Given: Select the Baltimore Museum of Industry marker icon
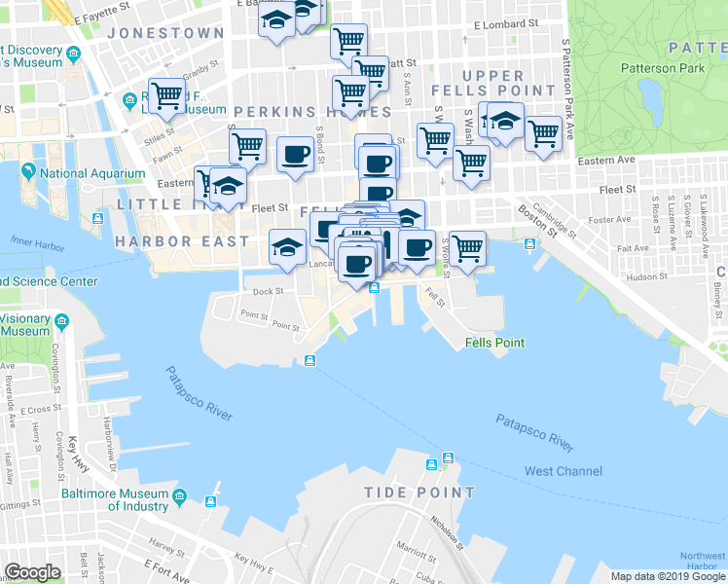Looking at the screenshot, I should [179, 500].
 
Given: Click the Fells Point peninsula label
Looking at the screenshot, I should [494, 343].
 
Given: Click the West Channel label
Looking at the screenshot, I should [564, 471].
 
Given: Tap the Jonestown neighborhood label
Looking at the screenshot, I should [165, 33].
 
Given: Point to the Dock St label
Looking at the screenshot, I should [268, 291].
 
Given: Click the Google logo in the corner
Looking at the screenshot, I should [31, 572].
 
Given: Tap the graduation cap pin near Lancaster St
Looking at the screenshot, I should [288, 246].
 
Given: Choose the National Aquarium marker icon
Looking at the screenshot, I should [29, 173].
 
